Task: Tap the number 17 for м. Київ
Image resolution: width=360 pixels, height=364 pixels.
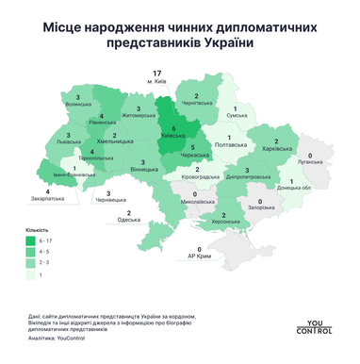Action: coord(156,73)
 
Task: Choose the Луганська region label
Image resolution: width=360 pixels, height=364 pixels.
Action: coord(310,161)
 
